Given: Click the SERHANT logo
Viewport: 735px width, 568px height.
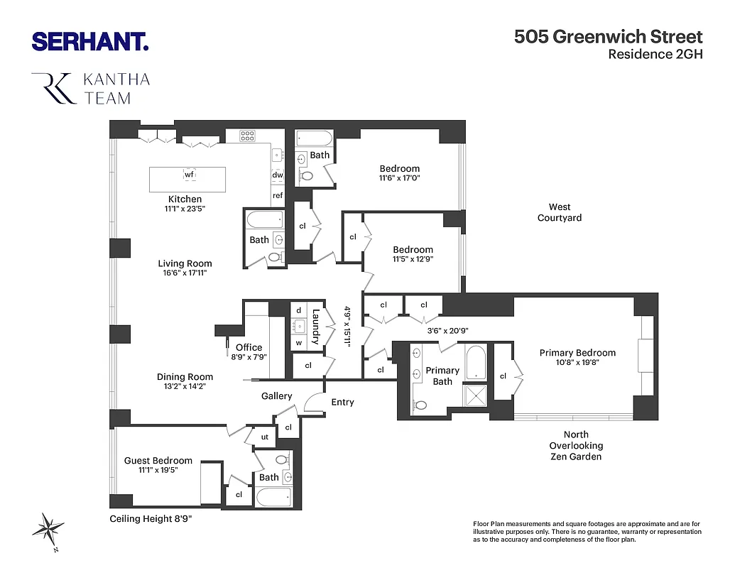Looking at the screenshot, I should tap(90, 41).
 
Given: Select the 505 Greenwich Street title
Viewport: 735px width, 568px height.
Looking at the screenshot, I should tap(608, 37).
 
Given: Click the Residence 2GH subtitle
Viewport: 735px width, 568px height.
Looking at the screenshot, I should tap(655, 55).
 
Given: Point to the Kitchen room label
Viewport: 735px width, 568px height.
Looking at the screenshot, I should tap(185, 199).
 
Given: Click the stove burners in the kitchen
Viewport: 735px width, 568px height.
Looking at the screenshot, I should tap(247, 136).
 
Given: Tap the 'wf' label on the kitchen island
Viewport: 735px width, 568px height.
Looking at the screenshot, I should tap(189, 174).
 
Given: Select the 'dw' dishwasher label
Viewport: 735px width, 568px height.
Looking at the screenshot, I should tap(277, 175).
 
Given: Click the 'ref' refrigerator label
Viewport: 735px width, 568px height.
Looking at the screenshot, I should tap(277, 195).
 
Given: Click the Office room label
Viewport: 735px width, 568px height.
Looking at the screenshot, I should tap(249, 348).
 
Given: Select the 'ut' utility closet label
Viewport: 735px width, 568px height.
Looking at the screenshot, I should tap(263, 437).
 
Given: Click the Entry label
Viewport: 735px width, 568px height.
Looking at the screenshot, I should tap(342, 402).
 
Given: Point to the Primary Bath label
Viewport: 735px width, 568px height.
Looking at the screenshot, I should tap(442, 376).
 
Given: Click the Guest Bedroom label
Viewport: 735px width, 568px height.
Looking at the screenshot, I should tap(158, 460).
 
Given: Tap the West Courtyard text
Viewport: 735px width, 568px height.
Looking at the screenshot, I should tap(559, 212).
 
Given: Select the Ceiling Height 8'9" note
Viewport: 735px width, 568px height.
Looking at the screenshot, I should tap(151, 519).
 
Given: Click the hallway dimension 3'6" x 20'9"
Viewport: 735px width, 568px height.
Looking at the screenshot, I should tap(447, 330).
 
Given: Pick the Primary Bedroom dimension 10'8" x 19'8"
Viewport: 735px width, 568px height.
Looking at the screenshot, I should tap(577, 362).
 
